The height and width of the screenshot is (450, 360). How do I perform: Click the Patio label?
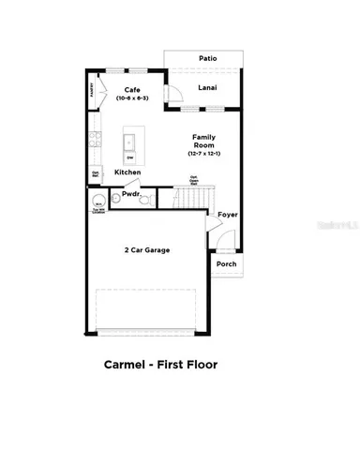pyautogui.click(x=208, y=59)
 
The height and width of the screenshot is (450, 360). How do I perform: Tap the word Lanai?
pyautogui.click(x=208, y=88)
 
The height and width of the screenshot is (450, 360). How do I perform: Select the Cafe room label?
pyautogui.click(x=131, y=89)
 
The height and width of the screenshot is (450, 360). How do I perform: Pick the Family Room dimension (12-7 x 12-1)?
pyautogui.click(x=205, y=155)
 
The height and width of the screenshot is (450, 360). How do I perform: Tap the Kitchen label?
pyautogui.click(x=128, y=172)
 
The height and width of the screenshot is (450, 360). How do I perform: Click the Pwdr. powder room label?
pyautogui.click(x=130, y=195)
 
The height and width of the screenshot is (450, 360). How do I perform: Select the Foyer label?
pyautogui.click(x=228, y=215)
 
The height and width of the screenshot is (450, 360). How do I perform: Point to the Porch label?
pyautogui.click(x=227, y=263)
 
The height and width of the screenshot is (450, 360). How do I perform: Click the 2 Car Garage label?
pyautogui.click(x=147, y=250)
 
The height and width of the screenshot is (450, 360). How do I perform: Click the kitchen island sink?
pyautogui.click(x=131, y=143)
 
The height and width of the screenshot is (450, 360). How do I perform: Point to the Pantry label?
pyautogui.click(x=92, y=90)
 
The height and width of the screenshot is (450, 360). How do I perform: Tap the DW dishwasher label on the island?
pyautogui.click(x=130, y=158)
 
